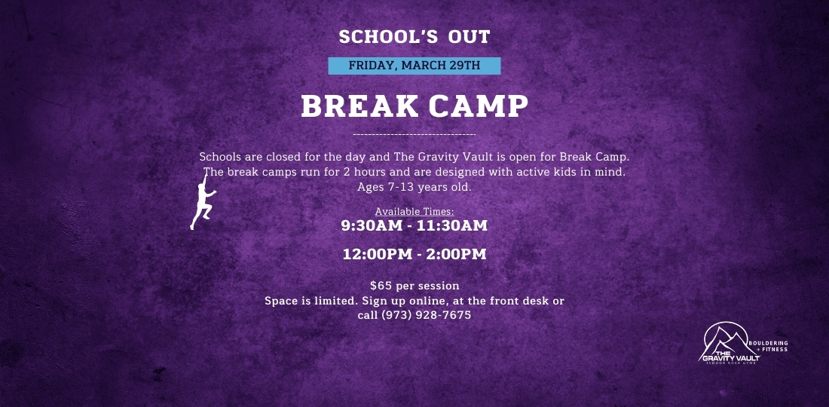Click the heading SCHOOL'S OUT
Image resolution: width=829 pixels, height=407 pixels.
414,37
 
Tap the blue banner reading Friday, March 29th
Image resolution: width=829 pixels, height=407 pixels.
414,66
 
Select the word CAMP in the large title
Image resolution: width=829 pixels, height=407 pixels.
479,106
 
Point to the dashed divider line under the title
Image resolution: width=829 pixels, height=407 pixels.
414,135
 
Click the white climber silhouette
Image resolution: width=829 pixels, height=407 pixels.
203,203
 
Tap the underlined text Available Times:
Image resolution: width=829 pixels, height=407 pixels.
414,212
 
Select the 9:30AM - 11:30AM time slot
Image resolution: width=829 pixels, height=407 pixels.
414,225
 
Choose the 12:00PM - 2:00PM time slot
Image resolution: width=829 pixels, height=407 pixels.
414,254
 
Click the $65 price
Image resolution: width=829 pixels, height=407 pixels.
381,286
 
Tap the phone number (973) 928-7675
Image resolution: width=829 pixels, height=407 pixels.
426,316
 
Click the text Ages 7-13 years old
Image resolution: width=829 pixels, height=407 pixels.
414,187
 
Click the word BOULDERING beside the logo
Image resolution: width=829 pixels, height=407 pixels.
768,343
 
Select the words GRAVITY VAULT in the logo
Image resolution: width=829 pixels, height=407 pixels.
730,358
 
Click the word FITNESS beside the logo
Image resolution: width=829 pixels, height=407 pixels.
775,350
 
